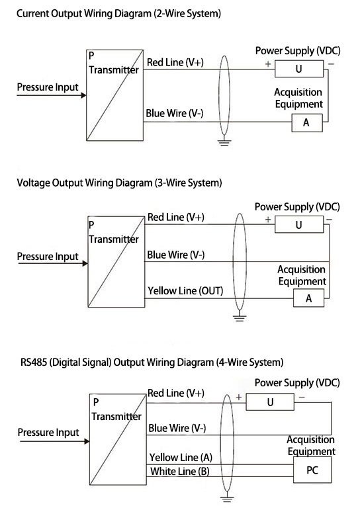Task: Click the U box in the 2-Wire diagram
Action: (x=298, y=68)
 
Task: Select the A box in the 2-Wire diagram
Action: (x=306, y=123)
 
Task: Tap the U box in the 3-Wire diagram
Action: (x=298, y=224)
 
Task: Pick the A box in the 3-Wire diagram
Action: (x=308, y=299)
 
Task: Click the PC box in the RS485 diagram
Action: (x=312, y=472)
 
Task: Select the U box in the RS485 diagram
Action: (x=269, y=402)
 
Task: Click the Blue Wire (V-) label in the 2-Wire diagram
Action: (x=175, y=113)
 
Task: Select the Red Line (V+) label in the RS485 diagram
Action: (x=176, y=394)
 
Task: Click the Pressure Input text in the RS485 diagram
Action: (x=48, y=433)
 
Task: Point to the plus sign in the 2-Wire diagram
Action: (x=268, y=64)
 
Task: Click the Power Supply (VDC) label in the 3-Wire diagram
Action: (x=297, y=207)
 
